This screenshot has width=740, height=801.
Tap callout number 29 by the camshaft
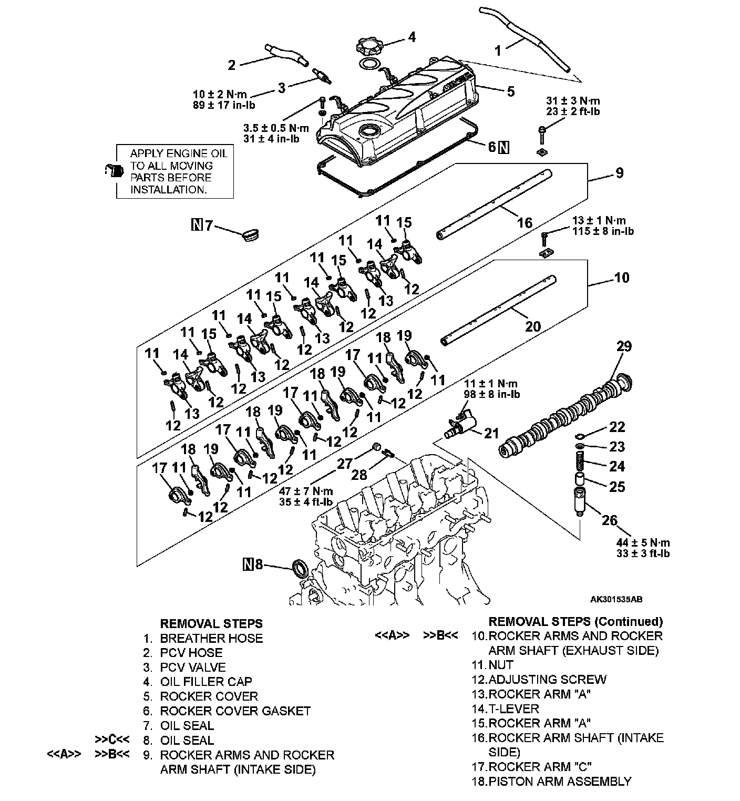(x=624, y=347)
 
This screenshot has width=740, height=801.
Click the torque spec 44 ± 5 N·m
(x=644, y=542)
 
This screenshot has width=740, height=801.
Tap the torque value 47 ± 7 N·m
(x=306, y=491)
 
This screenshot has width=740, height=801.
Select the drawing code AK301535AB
(x=616, y=599)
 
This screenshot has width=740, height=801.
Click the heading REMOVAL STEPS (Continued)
(x=575, y=622)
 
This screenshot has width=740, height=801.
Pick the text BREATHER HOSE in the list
(x=211, y=638)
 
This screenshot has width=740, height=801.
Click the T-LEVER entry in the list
(x=514, y=708)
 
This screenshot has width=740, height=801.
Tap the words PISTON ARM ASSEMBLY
(x=560, y=782)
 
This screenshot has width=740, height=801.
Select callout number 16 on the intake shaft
(x=525, y=223)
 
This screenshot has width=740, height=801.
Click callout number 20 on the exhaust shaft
(x=532, y=326)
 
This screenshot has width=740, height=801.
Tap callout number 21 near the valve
(x=491, y=434)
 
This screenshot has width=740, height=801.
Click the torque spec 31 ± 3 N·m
(x=573, y=101)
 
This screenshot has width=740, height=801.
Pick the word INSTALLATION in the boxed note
(x=168, y=190)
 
